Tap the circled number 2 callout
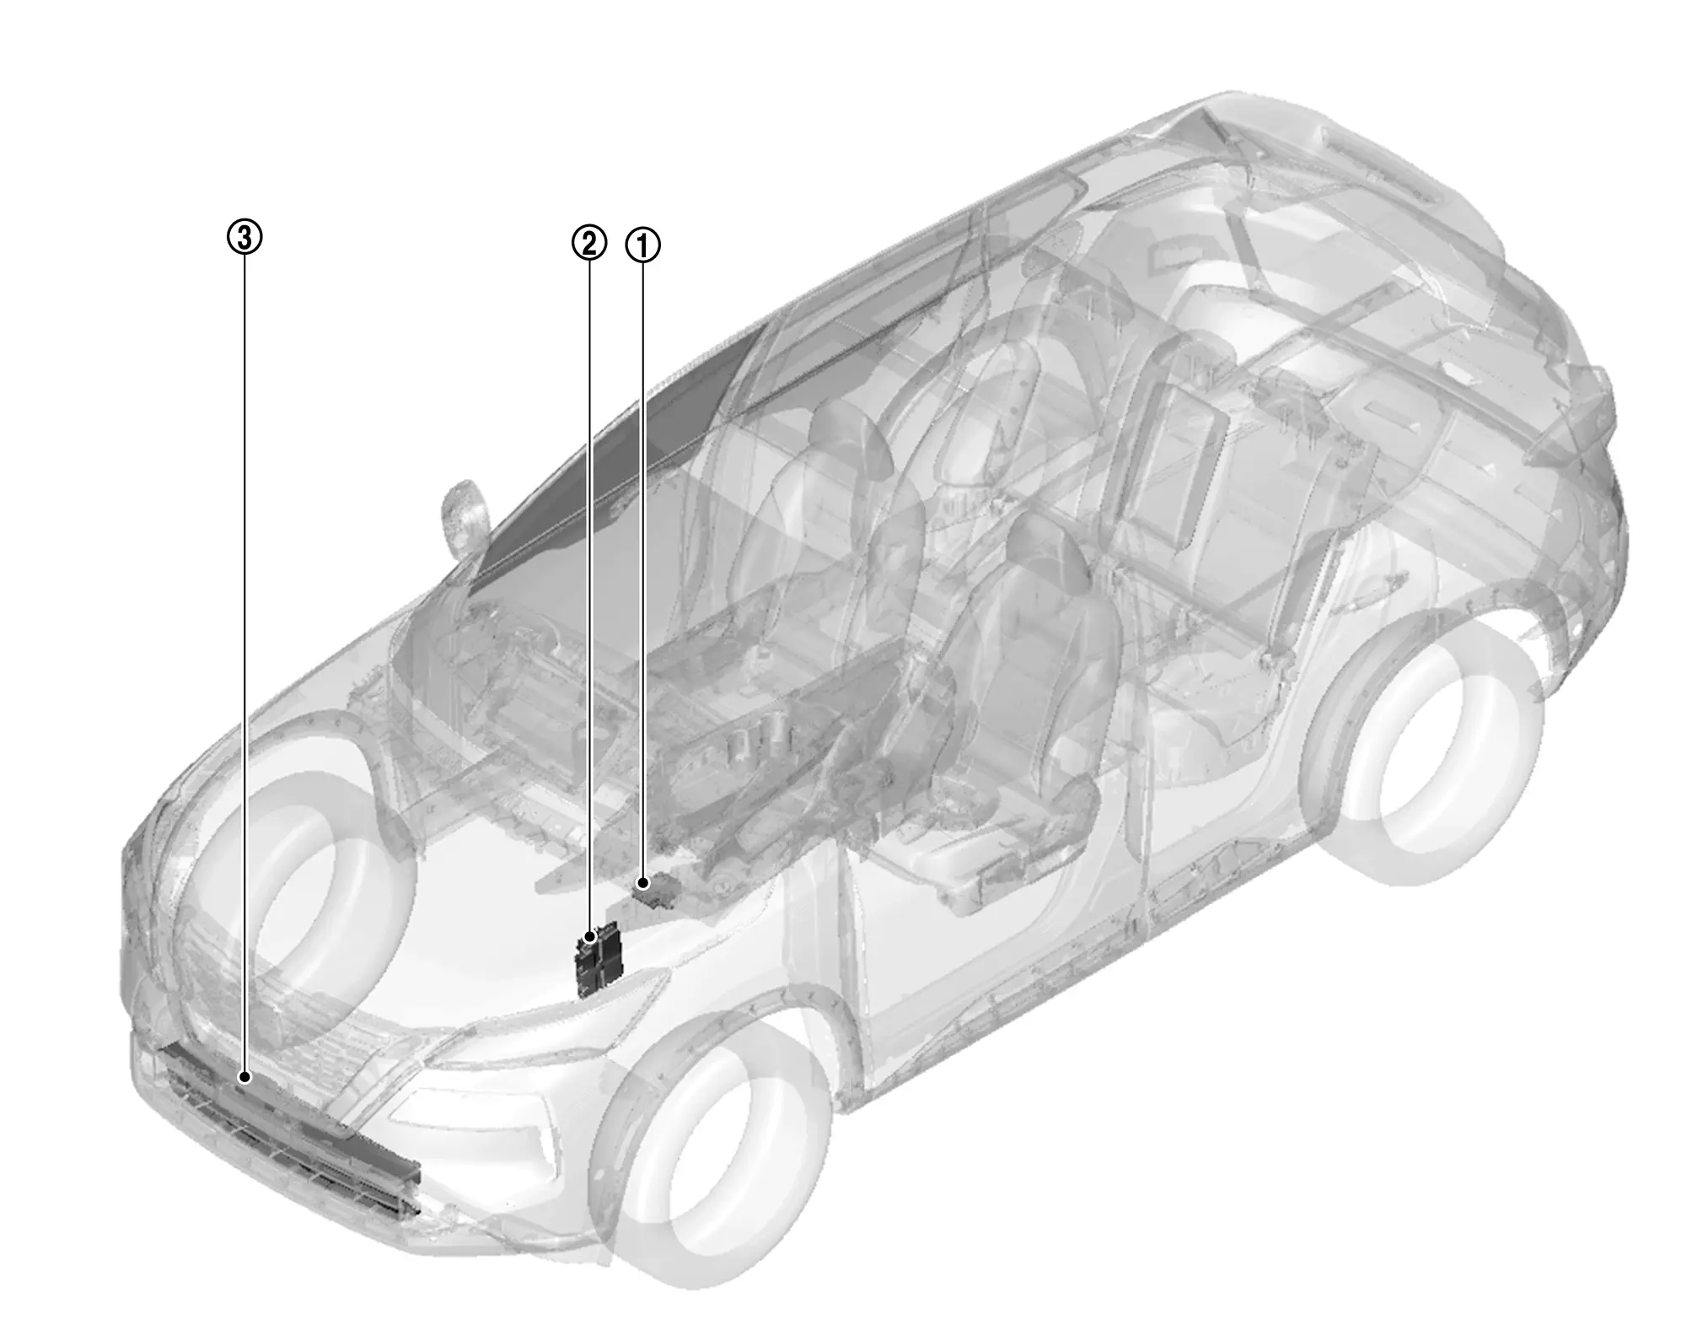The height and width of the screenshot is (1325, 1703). tap(589, 244)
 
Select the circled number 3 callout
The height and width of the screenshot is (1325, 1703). tap(244, 238)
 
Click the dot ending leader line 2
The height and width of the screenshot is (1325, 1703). tap(591, 937)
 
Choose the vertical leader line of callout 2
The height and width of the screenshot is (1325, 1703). tap(590, 597)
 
